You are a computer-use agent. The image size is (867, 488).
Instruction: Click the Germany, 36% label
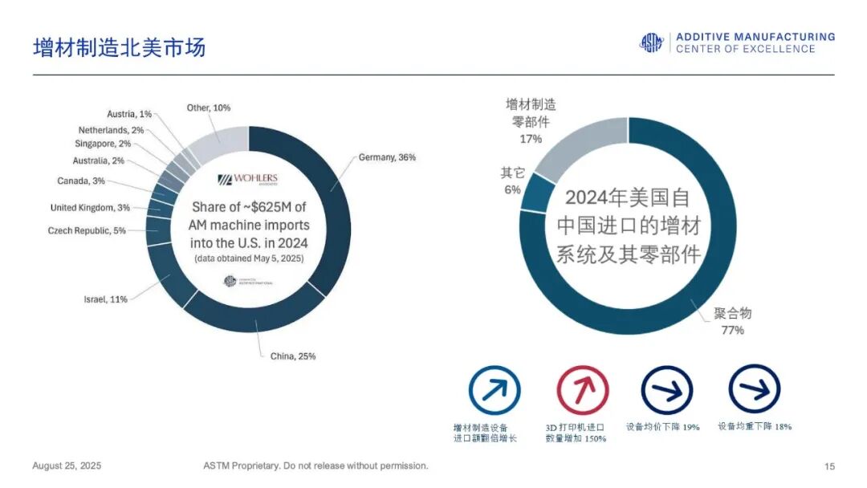point(387,157)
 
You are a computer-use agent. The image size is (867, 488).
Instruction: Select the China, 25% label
point(292,356)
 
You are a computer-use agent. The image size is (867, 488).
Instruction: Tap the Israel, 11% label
point(105,299)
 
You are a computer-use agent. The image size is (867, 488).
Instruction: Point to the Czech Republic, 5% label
point(87,231)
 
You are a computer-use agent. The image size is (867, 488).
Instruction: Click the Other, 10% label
point(208,108)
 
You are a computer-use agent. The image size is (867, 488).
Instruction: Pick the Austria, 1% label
point(129,114)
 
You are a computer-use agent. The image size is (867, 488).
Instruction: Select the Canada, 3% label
point(81,181)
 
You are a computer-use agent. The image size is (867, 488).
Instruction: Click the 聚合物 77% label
point(732,321)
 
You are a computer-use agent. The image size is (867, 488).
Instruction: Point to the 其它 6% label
point(511,181)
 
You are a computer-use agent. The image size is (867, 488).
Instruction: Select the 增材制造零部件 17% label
point(531,121)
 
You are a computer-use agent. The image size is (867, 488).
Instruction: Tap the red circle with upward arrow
point(582,391)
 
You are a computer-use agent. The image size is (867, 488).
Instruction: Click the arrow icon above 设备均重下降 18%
point(754,390)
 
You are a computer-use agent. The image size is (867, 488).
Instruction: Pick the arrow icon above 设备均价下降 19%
point(666,391)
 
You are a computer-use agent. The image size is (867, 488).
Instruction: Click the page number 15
point(829,466)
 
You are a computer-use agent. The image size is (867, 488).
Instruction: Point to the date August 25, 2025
point(67,466)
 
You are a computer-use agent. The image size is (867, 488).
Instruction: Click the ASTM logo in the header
point(651,43)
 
